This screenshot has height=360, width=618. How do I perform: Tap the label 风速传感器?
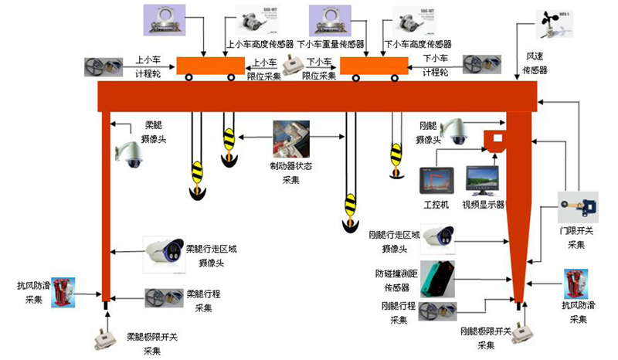(535, 63)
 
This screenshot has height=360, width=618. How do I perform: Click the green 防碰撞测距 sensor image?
(437, 277)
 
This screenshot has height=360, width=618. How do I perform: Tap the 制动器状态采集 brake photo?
(290, 139)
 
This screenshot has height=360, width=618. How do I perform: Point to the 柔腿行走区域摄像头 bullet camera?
(164, 250)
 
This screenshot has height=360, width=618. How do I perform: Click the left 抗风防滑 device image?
(63, 292)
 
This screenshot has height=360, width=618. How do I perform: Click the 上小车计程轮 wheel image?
(104, 66)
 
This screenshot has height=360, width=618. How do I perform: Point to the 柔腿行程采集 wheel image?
(163, 297)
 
